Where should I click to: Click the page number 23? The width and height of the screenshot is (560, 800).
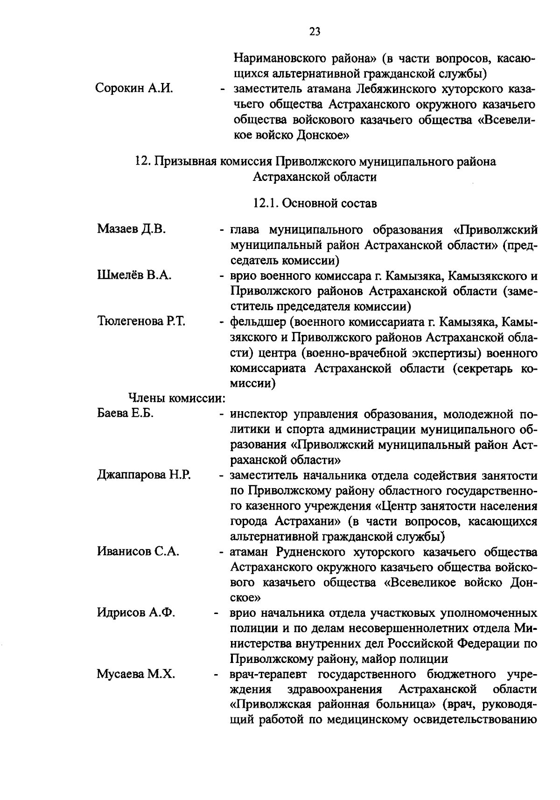315,31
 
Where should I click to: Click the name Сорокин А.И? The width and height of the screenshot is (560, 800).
134,89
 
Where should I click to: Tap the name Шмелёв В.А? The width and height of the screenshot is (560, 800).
134,275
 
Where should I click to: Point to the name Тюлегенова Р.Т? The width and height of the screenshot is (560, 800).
141,321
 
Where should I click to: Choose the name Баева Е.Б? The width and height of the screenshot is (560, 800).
126,414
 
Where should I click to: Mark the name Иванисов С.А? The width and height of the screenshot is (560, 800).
138,552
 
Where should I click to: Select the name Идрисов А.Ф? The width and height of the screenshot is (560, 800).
136,613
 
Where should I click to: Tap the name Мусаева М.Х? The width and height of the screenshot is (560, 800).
136,674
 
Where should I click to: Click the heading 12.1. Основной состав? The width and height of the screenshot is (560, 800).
315,203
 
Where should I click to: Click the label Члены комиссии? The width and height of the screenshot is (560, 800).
177,399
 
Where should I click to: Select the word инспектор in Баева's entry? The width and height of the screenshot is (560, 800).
260,414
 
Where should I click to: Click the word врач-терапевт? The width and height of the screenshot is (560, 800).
269,674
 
